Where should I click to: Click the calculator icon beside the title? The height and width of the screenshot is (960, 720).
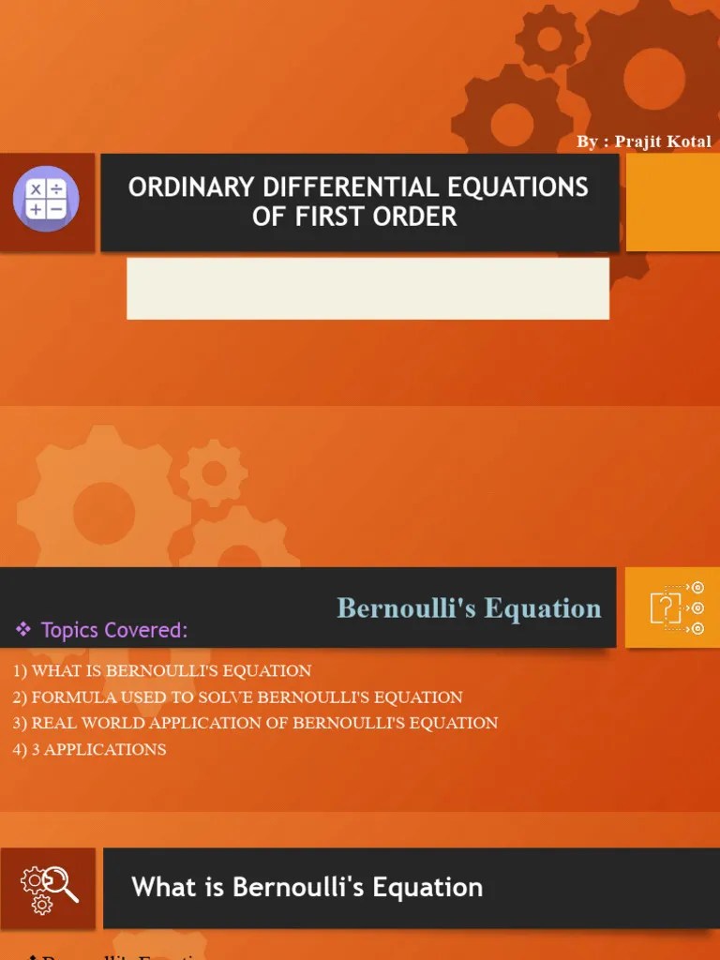46,200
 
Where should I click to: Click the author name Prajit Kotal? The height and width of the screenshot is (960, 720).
663,142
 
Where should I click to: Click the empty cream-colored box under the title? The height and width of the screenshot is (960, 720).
367,288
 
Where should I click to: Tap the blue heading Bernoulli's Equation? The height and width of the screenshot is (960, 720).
469,608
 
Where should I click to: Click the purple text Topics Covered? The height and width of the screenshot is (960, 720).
113,630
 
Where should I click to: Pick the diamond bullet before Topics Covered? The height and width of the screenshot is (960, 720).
23,630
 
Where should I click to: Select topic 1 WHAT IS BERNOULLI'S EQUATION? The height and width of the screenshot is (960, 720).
162,671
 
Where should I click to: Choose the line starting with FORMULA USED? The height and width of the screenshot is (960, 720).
237,697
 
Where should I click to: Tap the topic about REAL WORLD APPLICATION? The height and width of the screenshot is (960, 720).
255,723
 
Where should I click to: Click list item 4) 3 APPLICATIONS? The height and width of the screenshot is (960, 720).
90,749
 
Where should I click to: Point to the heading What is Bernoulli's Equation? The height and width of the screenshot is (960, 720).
307,887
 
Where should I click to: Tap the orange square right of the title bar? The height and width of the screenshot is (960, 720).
672,202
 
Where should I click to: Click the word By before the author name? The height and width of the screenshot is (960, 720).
587,142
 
